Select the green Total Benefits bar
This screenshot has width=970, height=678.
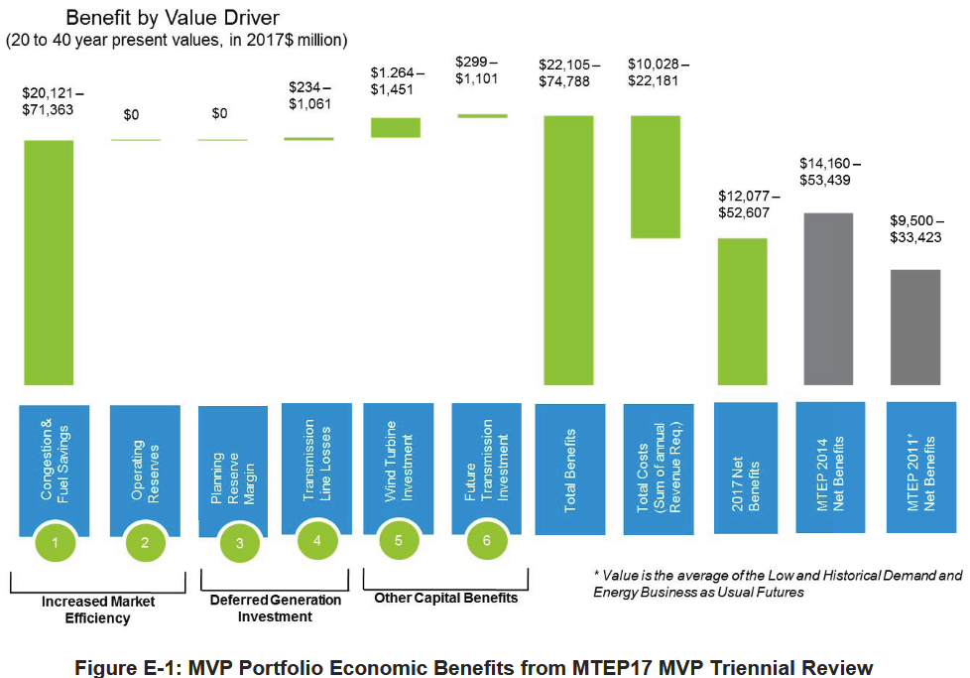tap(568, 249)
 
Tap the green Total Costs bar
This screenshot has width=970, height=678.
tap(655, 177)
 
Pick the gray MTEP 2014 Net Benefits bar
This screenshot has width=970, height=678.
tap(827, 298)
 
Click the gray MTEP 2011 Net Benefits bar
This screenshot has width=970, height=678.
tap(913, 327)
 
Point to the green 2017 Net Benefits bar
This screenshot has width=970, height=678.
tap(741, 311)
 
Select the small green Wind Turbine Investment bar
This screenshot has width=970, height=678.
tap(395, 127)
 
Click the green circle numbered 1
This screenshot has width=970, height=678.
tap(56, 542)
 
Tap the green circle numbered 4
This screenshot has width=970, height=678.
tap(317, 541)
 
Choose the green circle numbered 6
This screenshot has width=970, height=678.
tap(487, 541)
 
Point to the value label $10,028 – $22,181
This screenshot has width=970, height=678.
tap(659, 72)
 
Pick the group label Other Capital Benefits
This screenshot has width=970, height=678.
tap(445, 598)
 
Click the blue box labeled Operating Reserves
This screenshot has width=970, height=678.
tap(145, 467)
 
